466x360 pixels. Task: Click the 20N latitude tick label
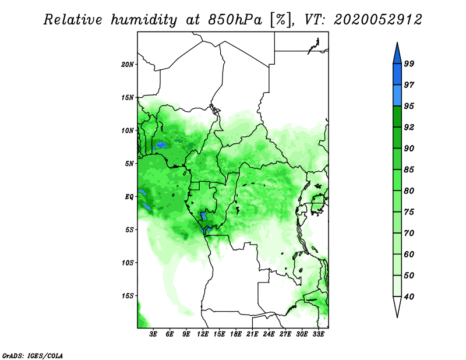click(x=128, y=65)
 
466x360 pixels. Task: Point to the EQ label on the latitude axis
click(x=129, y=197)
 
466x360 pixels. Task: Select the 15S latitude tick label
click(x=128, y=296)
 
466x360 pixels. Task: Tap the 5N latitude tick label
click(x=129, y=164)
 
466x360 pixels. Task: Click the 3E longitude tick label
click(x=153, y=334)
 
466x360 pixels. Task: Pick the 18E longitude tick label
click(x=236, y=334)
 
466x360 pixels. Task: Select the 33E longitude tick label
click(x=318, y=334)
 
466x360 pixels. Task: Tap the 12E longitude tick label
click(x=203, y=334)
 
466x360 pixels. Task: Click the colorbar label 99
click(x=409, y=63)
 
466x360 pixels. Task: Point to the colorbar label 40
click(x=409, y=297)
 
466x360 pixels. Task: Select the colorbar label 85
click(x=409, y=170)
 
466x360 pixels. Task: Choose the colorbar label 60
click(x=409, y=255)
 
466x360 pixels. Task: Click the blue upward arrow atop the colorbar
click(x=397, y=54)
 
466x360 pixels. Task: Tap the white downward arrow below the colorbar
click(x=397, y=306)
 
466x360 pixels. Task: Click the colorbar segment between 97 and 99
click(x=397, y=75)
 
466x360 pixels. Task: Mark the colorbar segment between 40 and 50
click(x=397, y=286)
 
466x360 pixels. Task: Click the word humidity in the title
click(x=144, y=20)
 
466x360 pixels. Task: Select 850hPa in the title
click(x=235, y=20)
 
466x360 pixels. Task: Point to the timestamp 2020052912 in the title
click(x=377, y=20)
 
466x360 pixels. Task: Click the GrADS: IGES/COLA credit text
click(x=33, y=356)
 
